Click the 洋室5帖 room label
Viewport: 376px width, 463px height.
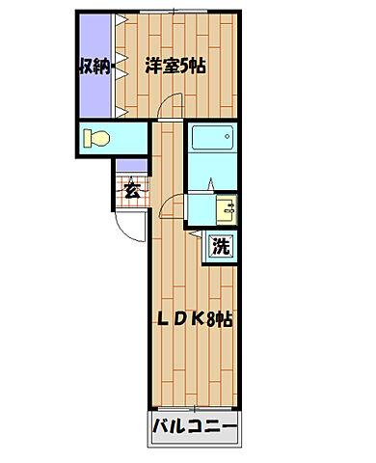[x=175, y=67]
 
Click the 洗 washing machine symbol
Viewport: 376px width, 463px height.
[x=221, y=246]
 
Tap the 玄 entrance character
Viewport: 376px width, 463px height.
[x=132, y=189]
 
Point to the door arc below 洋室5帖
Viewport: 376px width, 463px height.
[x=170, y=109]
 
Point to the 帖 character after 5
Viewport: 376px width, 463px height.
[x=200, y=67]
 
